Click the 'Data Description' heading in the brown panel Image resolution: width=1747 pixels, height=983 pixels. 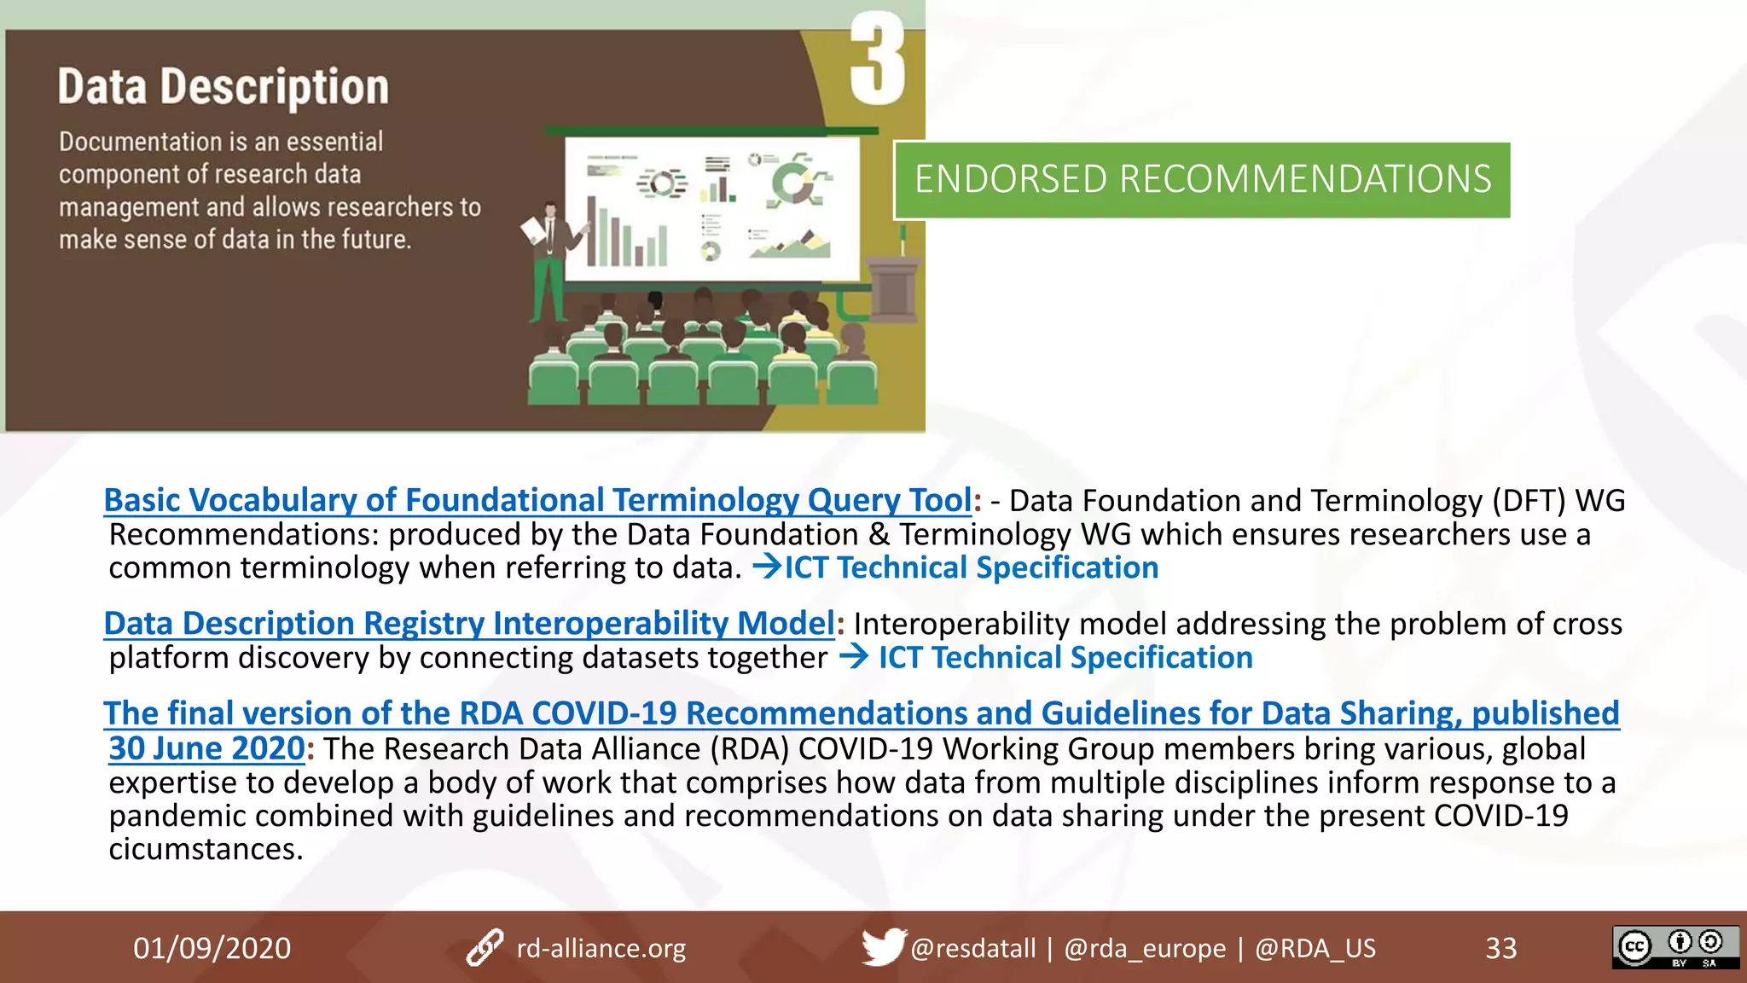pyautogui.click(x=223, y=87)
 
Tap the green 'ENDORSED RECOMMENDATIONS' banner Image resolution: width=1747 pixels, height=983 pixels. pyautogui.click(x=1202, y=180)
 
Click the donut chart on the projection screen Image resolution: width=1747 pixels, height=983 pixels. pyautogui.click(x=793, y=183)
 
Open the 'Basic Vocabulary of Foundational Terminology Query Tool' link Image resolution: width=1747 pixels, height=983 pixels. pyautogui.click(x=537, y=500)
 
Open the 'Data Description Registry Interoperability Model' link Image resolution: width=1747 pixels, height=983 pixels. pyautogui.click(x=468, y=624)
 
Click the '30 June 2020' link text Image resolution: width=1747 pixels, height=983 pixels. pyautogui.click(x=206, y=748)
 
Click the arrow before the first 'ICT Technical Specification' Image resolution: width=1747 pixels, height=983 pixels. pyautogui.click(x=767, y=567)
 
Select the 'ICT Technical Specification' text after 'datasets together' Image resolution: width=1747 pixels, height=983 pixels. pyautogui.click(x=1065, y=658)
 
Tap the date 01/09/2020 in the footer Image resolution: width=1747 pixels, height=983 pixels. pyautogui.click(x=212, y=948)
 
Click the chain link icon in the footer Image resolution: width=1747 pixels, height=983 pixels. pyautogui.click(x=485, y=948)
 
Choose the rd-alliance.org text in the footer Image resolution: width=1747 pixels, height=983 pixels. pyautogui.click(x=601, y=948)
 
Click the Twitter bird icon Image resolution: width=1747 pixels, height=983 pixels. pyautogui.click(x=882, y=947)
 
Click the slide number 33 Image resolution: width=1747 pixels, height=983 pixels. pyautogui.click(x=1500, y=948)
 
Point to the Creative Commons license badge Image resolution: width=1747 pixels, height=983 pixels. pyautogui.click(x=1674, y=947)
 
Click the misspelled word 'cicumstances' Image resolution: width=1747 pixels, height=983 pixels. pyautogui.click(x=206, y=849)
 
